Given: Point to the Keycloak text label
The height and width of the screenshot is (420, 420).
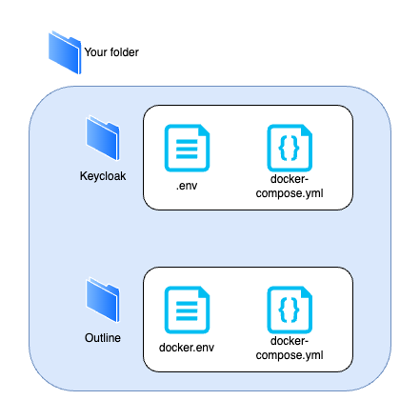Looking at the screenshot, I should [x=102, y=176].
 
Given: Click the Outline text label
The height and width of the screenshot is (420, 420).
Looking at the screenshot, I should [x=102, y=338].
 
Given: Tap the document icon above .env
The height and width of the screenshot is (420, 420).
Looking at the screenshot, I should [x=187, y=149].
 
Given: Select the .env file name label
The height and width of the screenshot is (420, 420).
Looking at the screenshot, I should [x=187, y=185].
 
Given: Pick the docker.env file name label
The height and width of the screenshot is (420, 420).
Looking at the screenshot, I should [x=187, y=348].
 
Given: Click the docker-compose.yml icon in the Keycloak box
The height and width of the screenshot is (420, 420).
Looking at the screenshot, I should [x=291, y=149].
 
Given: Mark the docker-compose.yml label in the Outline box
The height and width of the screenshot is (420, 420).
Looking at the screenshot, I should [x=291, y=347].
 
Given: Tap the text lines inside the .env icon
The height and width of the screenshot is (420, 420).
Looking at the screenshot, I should [x=187, y=150].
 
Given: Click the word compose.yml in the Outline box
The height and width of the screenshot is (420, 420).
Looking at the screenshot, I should [x=291, y=353].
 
